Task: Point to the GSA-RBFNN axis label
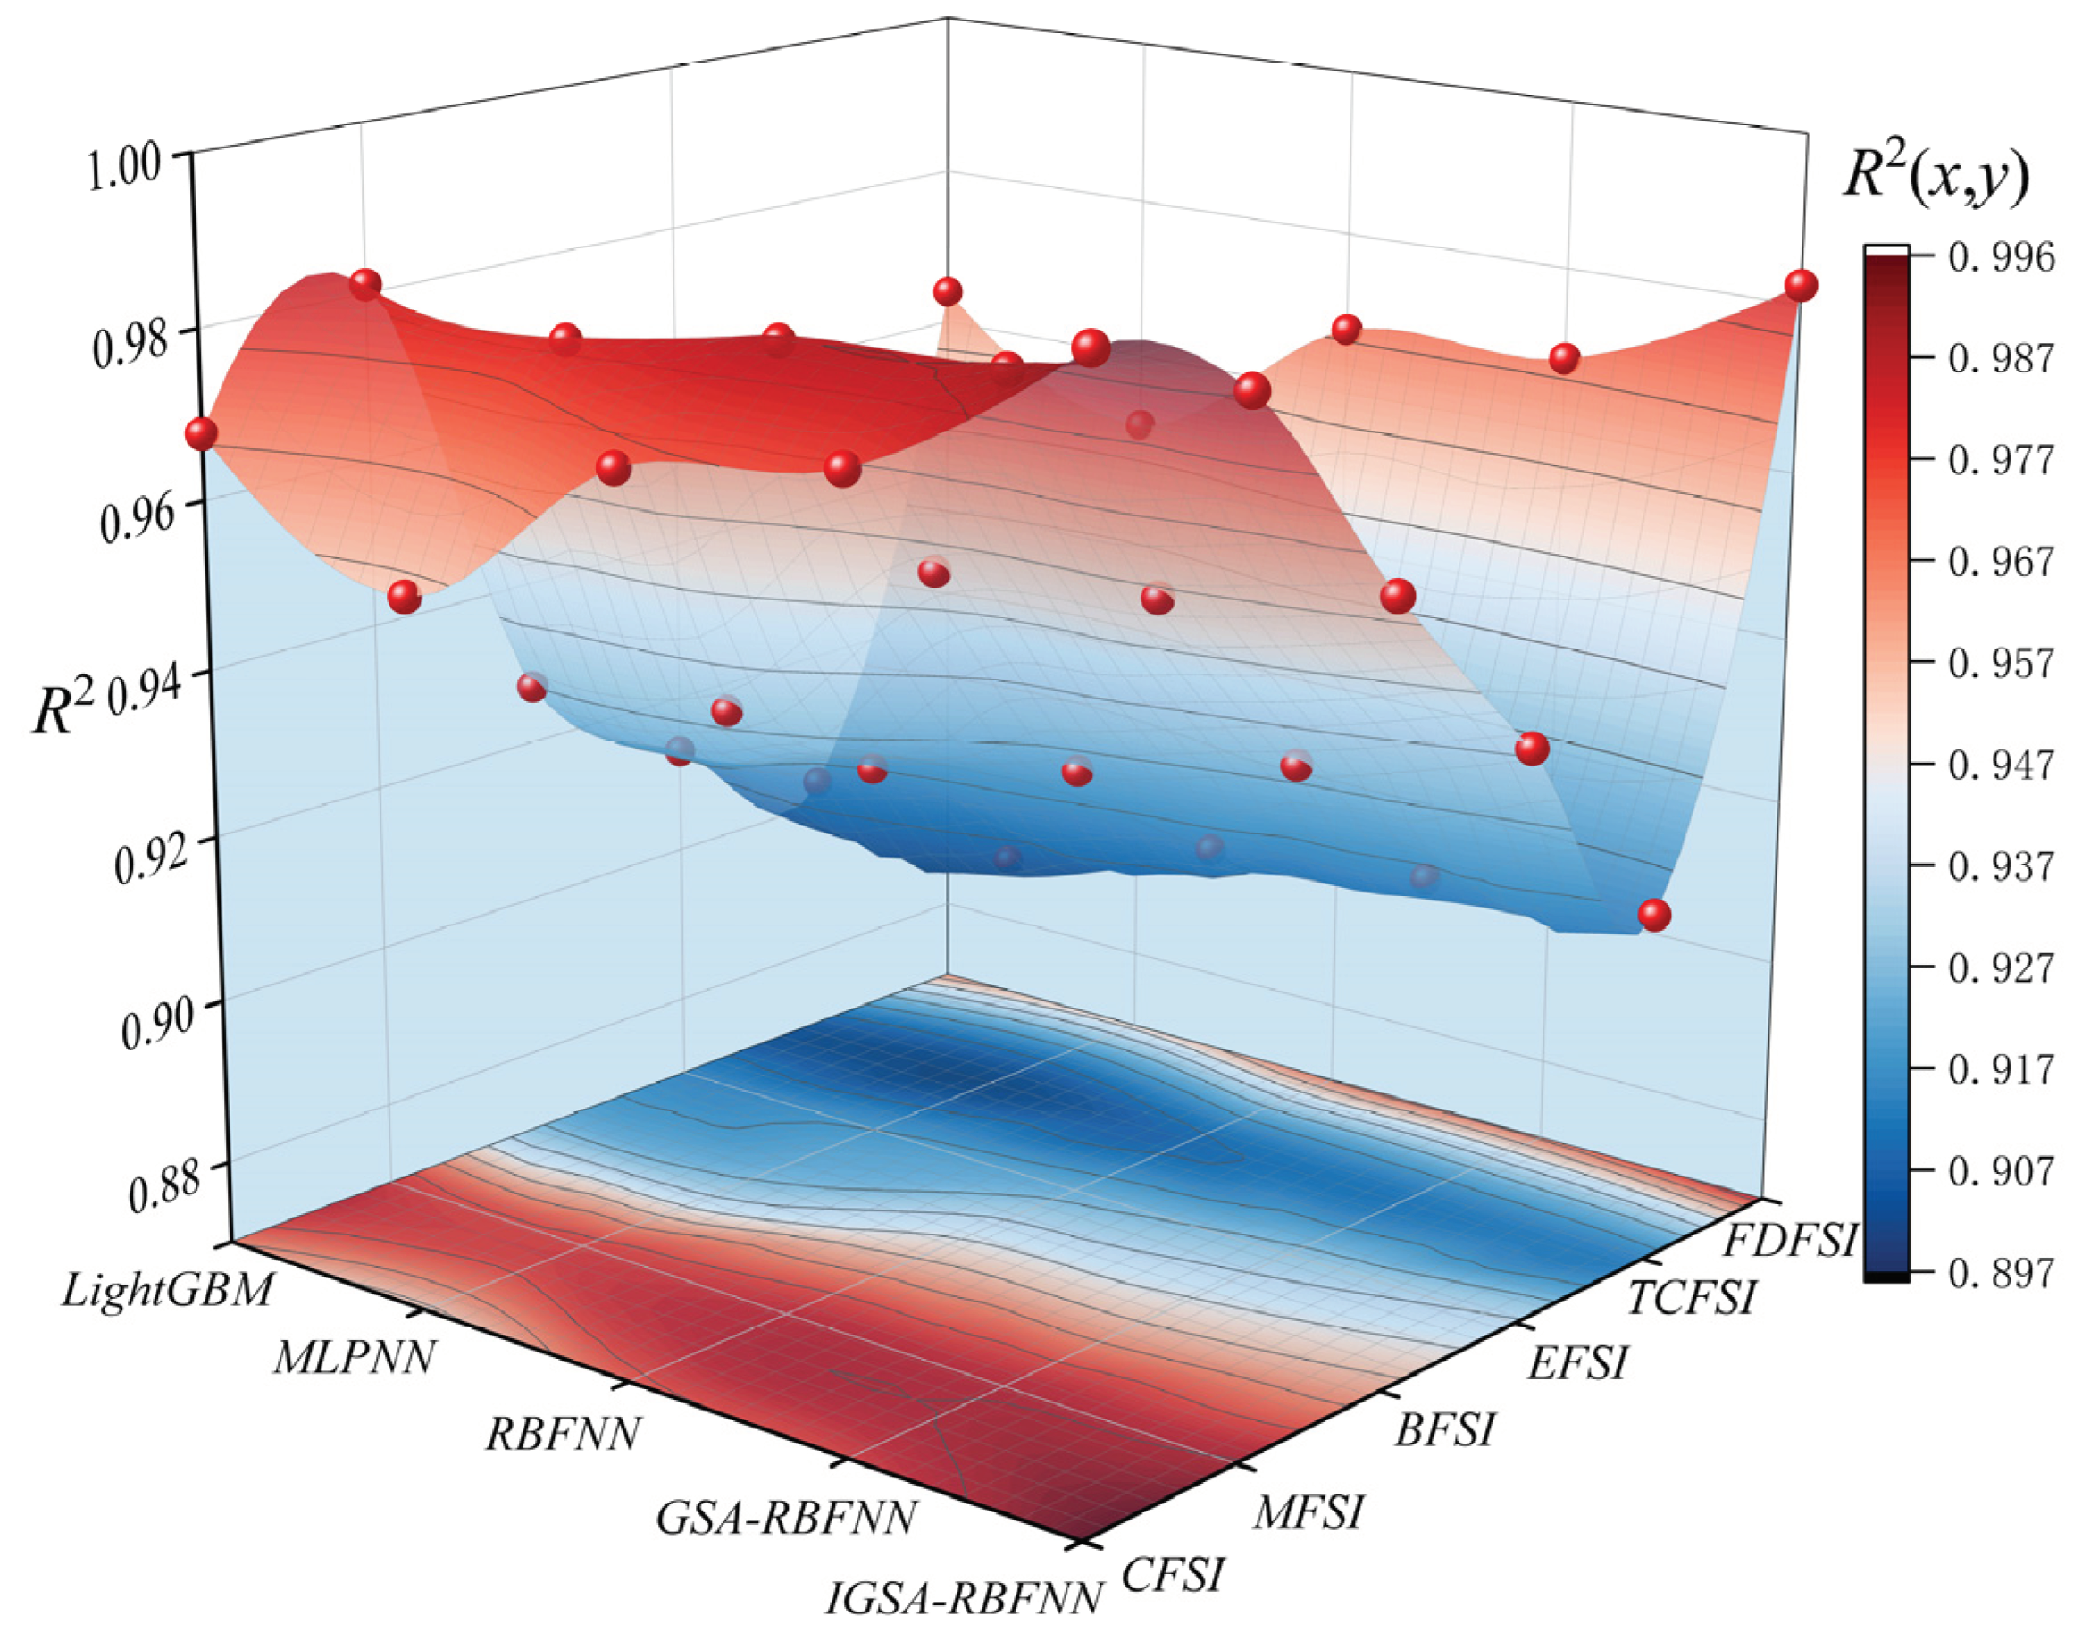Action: pyautogui.click(x=785, y=1518)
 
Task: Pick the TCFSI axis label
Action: pyautogui.click(x=1691, y=1298)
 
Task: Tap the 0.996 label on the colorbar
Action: pyautogui.click(x=2002, y=257)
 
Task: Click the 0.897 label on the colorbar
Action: pyautogui.click(x=2002, y=1274)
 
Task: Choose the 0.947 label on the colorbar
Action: pyautogui.click(x=2002, y=766)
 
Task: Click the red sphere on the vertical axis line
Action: pyautogui.click(x=201, y=433)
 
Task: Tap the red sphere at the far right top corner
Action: pyautogui.click(x=1802, y=285)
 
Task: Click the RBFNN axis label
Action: pyautogui.click(x=563, y=1434)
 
